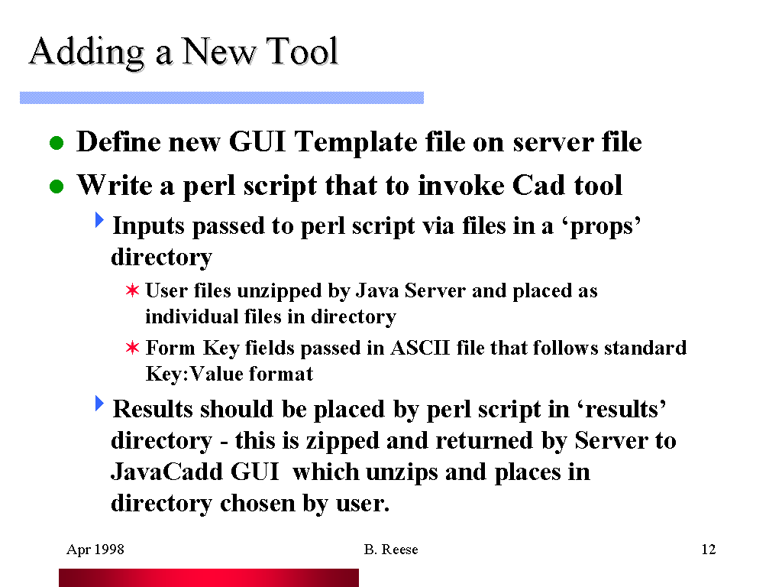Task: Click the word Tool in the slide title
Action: (302, 51)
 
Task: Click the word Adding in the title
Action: (86, 53)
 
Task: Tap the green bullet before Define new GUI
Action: (57, 143)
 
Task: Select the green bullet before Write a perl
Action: (57, 186)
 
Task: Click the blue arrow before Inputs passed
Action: (100, 219)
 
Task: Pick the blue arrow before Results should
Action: (100, 404)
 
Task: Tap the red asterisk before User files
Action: (132, 290)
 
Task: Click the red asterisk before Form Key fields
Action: (132, 348)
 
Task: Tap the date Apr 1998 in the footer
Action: (95, 550)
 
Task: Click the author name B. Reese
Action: (391, 550)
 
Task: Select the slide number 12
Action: (708, 550)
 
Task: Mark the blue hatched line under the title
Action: (222, 98)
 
